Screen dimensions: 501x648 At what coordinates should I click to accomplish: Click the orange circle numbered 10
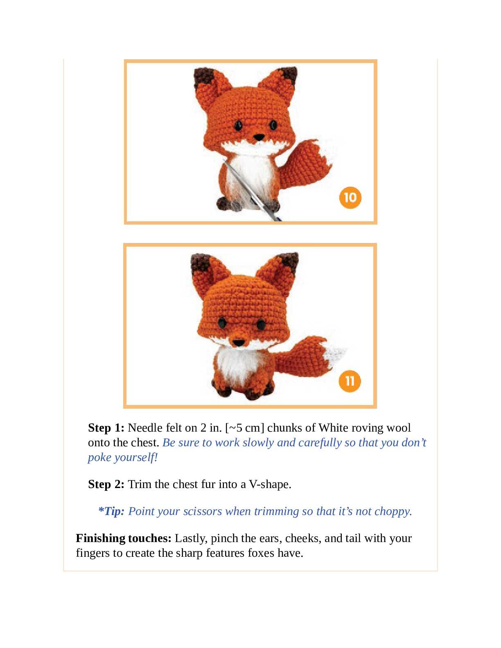[350, 198]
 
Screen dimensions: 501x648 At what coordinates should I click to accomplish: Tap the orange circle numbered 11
[350, 381]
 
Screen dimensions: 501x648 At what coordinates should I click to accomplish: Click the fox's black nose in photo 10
[259, 137]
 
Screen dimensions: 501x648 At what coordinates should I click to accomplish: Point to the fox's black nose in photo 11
[238, 343]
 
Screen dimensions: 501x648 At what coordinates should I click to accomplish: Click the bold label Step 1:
[106, 428]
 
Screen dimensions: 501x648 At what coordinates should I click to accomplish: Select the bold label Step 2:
[106, 484]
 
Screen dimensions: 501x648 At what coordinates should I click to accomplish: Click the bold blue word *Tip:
[111, 511]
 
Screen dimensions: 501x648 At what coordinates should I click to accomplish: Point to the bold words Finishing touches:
[124, 538]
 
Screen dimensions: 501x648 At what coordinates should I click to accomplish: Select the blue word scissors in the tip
[203, 511]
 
